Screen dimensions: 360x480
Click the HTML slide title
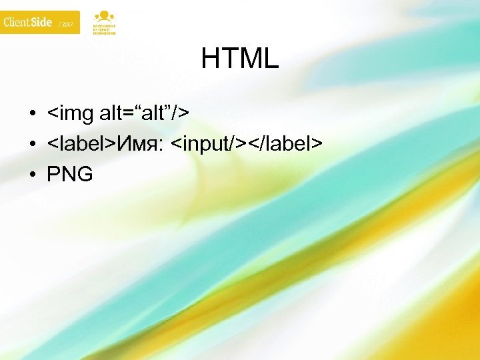coord(240,60)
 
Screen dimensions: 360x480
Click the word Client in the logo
coord(15,23)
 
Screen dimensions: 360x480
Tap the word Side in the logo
coord(41,23)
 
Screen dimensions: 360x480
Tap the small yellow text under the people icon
coord(103,30)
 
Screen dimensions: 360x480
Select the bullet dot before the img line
coord(31,114)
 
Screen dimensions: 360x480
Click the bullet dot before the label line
coord(31,144)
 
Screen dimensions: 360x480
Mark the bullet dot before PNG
coord(31,175)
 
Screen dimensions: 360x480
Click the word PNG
coord(70,175)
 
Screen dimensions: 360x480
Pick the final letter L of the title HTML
coord(271,60)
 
